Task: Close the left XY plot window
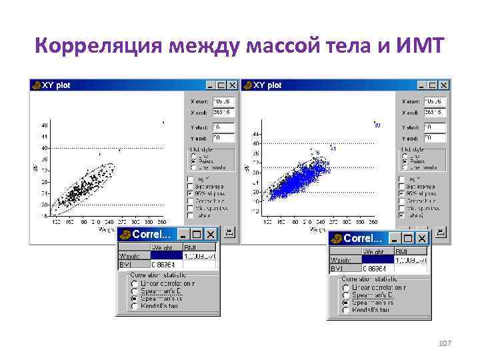point(232,85)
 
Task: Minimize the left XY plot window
point(211,85)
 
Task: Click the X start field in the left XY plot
point(223,101)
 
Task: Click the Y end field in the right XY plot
point(434,138)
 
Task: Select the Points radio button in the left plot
point(193,161)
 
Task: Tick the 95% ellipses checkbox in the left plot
point(191,193)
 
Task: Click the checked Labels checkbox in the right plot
point(402,215)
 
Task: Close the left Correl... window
point(211,235)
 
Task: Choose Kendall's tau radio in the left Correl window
point(134,306)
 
